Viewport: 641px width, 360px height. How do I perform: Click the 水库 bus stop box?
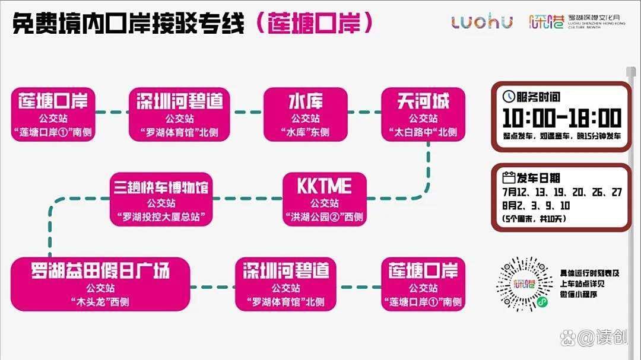[306, 114]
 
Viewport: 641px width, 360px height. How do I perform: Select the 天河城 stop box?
[423, 114]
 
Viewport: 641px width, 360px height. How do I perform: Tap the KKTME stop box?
[325, 199]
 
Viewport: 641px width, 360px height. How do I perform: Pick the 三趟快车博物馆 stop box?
[161, 199]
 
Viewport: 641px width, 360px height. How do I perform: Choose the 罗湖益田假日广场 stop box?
[100, 284]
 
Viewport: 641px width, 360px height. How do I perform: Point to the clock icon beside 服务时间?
[509, 97]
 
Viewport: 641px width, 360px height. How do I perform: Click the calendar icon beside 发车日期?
[509, 177]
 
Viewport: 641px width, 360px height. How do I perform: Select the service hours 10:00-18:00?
[561, 118]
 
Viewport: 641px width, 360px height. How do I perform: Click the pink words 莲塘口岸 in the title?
[314, 23]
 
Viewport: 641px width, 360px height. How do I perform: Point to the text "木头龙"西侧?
[100, 302]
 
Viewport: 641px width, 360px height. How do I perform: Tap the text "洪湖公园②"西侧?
[325, 217]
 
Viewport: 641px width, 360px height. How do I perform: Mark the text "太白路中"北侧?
[423, 132]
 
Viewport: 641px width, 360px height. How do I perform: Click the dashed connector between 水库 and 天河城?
[364, 112]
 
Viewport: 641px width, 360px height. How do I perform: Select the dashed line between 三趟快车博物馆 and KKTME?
[247, 199]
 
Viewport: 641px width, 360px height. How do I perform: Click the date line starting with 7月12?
[562, 192]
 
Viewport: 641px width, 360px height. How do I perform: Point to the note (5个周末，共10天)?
[534, 219]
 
